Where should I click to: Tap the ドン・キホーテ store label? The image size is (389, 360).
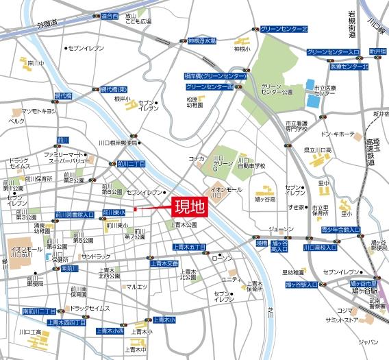click(336, 134)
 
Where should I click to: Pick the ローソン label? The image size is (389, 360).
click(223, 258)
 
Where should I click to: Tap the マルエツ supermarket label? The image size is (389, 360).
click(138, 286)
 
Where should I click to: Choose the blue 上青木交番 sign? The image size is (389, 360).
click(164, 263)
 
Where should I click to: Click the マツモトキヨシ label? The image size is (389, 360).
click(38, 110)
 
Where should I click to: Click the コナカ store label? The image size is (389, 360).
click(197, 158)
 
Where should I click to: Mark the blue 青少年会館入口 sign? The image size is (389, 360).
click(340, 230)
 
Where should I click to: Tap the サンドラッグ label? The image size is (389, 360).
click(95, 256)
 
